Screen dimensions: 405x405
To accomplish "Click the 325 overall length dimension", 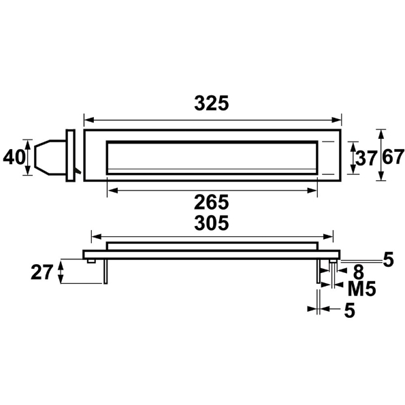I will pos(211,103).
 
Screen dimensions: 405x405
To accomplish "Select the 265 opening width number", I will pos(211,201).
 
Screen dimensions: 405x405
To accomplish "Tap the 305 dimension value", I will pos(211,223).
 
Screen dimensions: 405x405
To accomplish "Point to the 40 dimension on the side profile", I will pos(13,157).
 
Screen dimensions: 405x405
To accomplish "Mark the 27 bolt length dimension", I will pos(43,272).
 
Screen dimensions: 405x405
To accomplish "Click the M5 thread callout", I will pos(361,289).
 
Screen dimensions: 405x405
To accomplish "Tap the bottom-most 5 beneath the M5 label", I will pos(349,310).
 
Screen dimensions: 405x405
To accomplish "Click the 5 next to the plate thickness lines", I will pos(388,259).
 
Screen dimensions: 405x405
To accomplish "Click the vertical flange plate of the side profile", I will pos(69,156).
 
